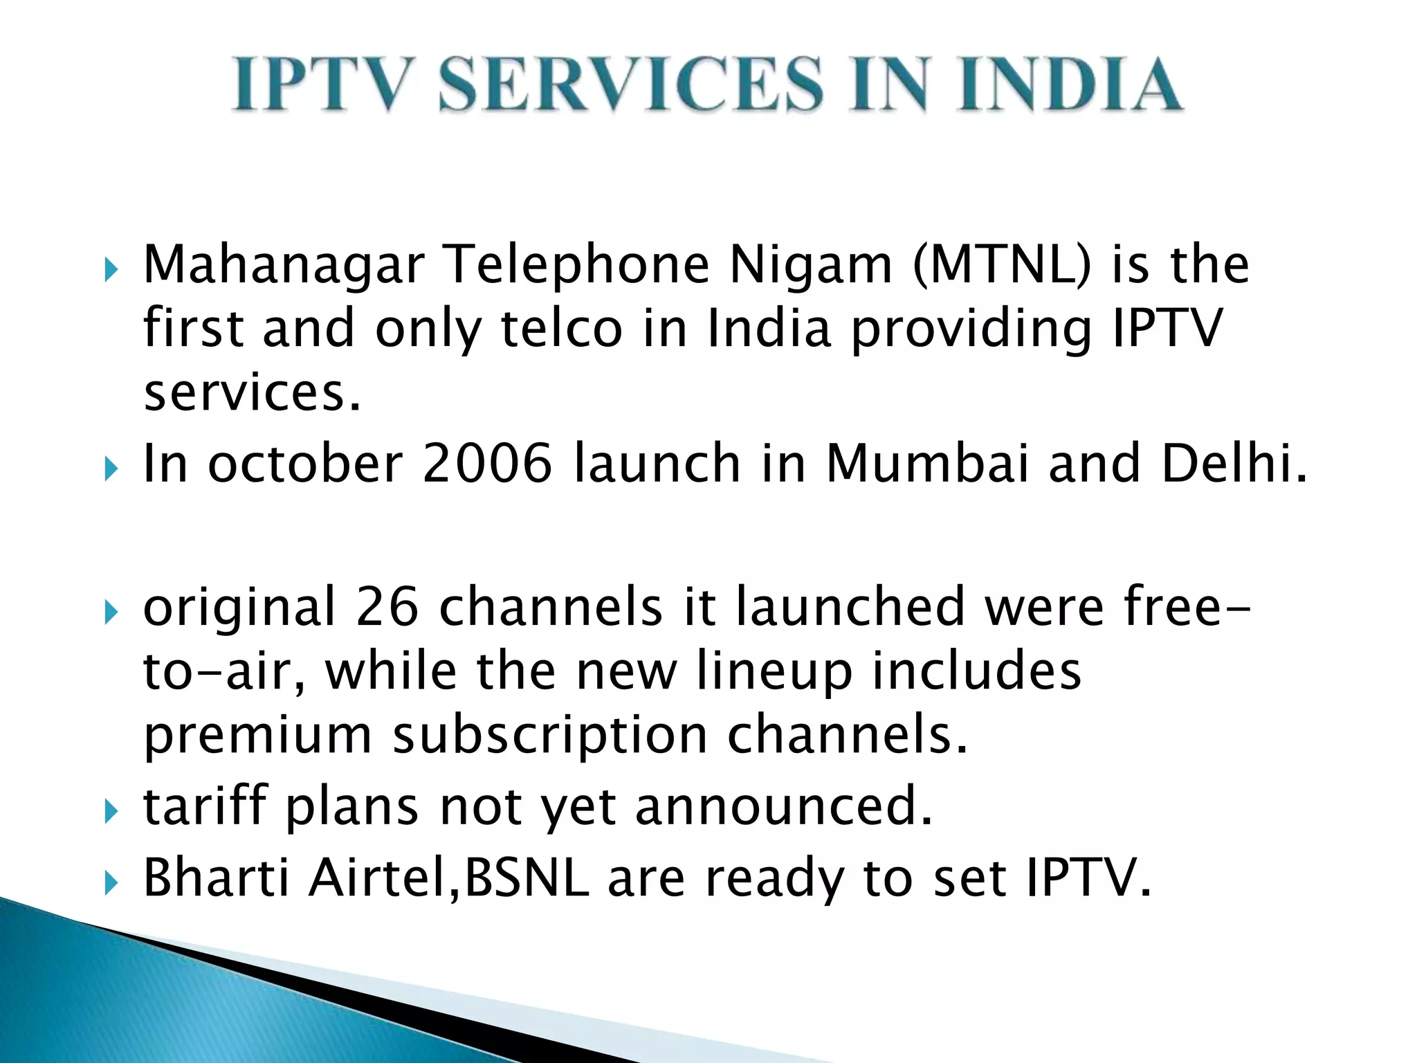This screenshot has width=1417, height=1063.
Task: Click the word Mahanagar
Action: [x=284, y=266]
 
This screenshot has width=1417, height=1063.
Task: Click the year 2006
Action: [x=487, y=463]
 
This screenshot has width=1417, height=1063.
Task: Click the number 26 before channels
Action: [x=387, y=607]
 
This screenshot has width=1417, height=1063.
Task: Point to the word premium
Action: [x=257, y=736]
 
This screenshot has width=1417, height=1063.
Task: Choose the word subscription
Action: [x=550, y=736]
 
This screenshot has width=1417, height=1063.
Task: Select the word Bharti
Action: [x=216, y=878]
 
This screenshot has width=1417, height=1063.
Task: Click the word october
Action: [x=305, y=463]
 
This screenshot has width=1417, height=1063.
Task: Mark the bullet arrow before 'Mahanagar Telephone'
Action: [x=111, y=270]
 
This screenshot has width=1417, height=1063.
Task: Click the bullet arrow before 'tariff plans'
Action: [x=111, y=811]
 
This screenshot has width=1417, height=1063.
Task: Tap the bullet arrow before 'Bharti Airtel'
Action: [x=111, y=882]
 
